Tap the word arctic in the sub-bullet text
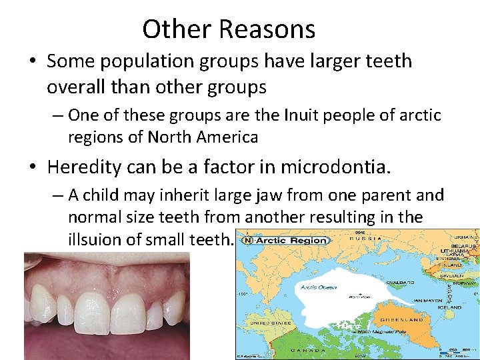[x=417, y=115]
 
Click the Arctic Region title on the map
[x=292, y=240]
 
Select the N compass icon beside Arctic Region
[x=247, y=240]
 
